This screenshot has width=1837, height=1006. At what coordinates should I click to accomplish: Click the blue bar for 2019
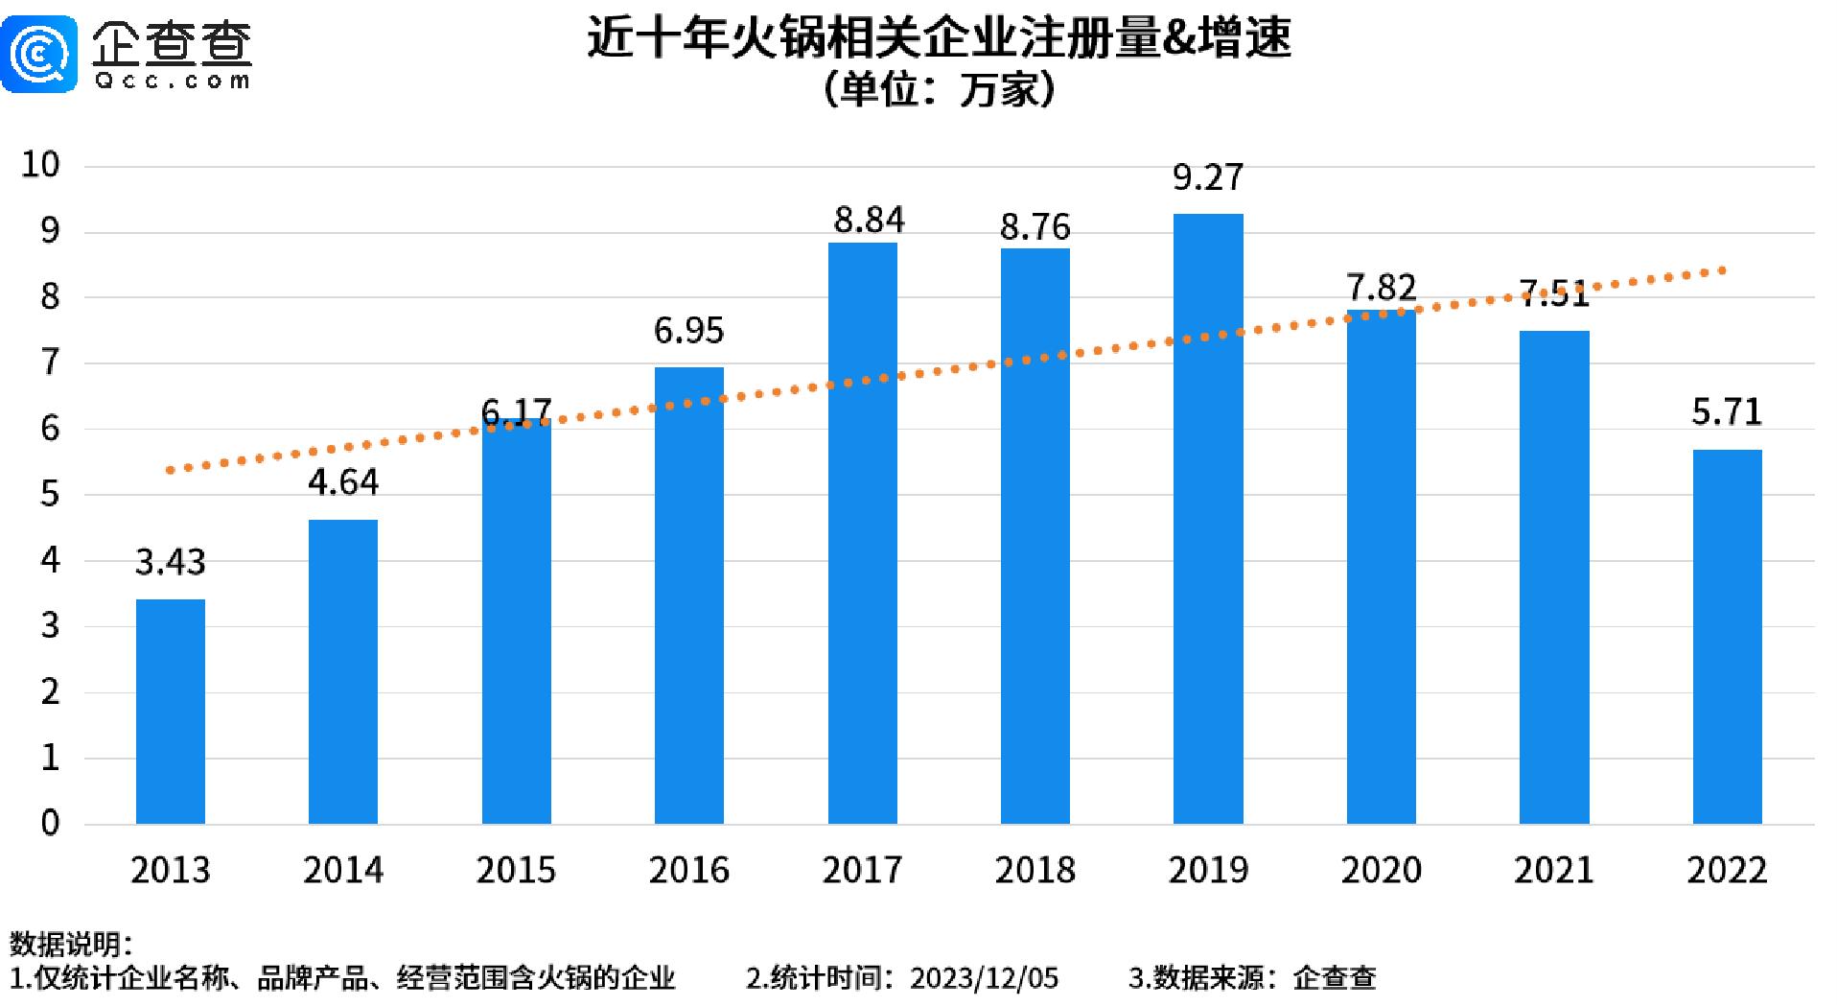click(1208, 518)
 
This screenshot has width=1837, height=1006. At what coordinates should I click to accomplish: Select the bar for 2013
click(171, 711)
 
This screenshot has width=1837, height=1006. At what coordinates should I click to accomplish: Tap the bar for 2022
click(1727, 636)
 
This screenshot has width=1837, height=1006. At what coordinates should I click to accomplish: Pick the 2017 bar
click(862, 532)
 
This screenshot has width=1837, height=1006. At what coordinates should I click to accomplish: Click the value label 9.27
click(1208, 177)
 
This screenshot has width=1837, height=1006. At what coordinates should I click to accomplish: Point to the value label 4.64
click(343, 481)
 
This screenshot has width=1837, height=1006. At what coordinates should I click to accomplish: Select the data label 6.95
click(688, 331)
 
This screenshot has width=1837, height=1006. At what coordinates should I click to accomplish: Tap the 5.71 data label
click(1727, 412)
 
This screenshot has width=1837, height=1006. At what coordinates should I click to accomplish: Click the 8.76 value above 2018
click(1035, 227)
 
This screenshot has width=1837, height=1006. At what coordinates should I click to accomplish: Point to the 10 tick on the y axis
click(40, 165)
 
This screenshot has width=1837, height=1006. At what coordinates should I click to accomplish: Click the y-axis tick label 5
click(50, 495)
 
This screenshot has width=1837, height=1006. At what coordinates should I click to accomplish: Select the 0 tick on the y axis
click(50, 823)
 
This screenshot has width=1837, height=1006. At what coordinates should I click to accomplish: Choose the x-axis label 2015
click(516, 870)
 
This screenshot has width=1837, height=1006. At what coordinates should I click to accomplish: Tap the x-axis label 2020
click(1381, 870)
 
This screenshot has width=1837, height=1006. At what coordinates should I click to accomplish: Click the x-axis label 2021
click(1553, 870)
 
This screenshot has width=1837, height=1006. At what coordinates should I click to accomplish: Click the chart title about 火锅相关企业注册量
click(939, 38)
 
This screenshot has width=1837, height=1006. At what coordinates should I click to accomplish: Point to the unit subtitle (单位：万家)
click(939, 91)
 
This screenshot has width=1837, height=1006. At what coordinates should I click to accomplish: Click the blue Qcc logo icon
click(38, 53)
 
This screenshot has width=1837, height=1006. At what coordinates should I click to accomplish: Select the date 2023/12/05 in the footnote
click(984, 978)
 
